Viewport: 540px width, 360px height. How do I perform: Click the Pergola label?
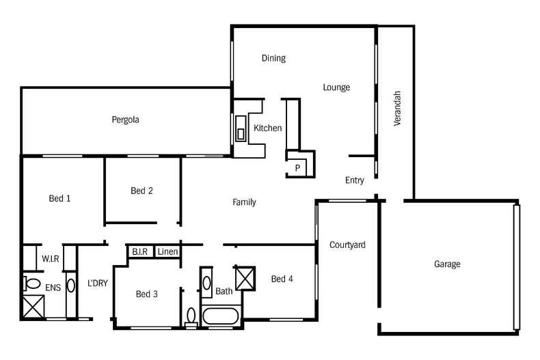(126, 120)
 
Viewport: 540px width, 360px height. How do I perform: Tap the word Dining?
(273, 58)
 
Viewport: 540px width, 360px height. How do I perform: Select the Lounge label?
(336, 87)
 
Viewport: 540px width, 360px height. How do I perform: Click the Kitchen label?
(267, 128)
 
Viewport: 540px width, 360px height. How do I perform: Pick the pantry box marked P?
(298, 167)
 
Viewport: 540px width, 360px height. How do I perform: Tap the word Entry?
(354, 180)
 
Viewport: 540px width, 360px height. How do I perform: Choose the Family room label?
(244, 202)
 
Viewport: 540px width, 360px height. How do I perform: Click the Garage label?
(447, 264)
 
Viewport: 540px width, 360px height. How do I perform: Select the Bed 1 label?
(60, 199)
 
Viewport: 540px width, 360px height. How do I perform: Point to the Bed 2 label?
(141, 191)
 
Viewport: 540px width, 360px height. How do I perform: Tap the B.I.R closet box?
(141, 251)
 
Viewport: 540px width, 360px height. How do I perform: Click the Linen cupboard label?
(168, 251)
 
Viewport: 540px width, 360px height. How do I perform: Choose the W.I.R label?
(49, 259)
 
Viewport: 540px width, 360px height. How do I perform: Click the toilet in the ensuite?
(31, 283)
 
